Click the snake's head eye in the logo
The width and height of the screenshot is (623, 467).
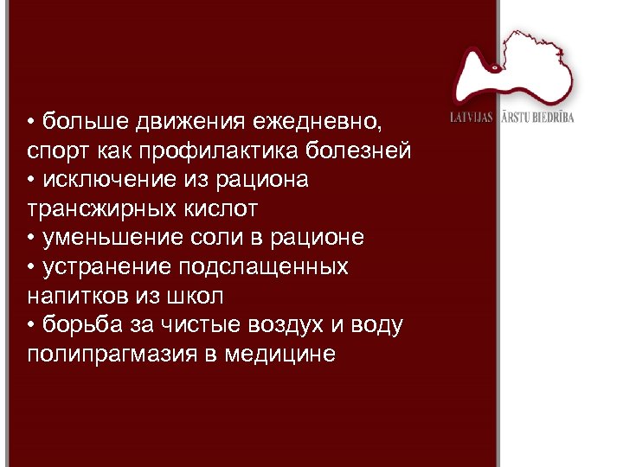click(x=494, y=67)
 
